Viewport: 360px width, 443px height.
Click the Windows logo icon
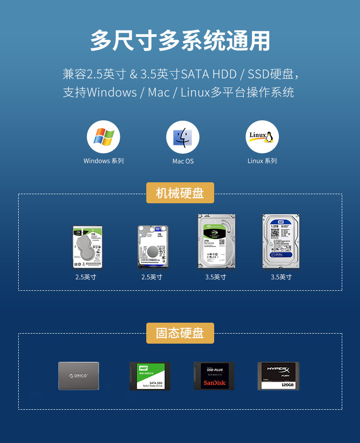(103, 137)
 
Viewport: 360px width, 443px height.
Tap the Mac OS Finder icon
(183, 137)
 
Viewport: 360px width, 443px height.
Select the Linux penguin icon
(262, 137)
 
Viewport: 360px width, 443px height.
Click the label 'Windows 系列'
(103, 161)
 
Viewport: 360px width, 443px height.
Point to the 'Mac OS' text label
(183, 161)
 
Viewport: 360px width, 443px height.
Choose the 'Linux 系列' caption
(262, 161)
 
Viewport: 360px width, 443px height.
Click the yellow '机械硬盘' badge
(180, 193)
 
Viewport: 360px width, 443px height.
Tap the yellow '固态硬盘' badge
(180, 333)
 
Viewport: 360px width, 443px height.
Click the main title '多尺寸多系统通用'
(180, 41)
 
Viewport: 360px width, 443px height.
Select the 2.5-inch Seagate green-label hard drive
(87, 247)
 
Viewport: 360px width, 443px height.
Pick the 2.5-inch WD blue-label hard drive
(153, 247)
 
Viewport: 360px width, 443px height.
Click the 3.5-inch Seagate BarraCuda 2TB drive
(216, 241)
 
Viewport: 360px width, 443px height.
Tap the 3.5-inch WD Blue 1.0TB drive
(281, 241)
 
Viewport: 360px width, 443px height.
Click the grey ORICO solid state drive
(78, 376)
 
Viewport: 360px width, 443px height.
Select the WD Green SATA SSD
(149, 376)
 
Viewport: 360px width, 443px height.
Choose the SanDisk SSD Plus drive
(214, 376)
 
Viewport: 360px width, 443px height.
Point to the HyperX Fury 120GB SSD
(278, 376)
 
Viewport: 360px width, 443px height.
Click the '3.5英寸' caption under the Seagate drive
(216, 277)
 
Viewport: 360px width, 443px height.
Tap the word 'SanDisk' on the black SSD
(214, 383)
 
